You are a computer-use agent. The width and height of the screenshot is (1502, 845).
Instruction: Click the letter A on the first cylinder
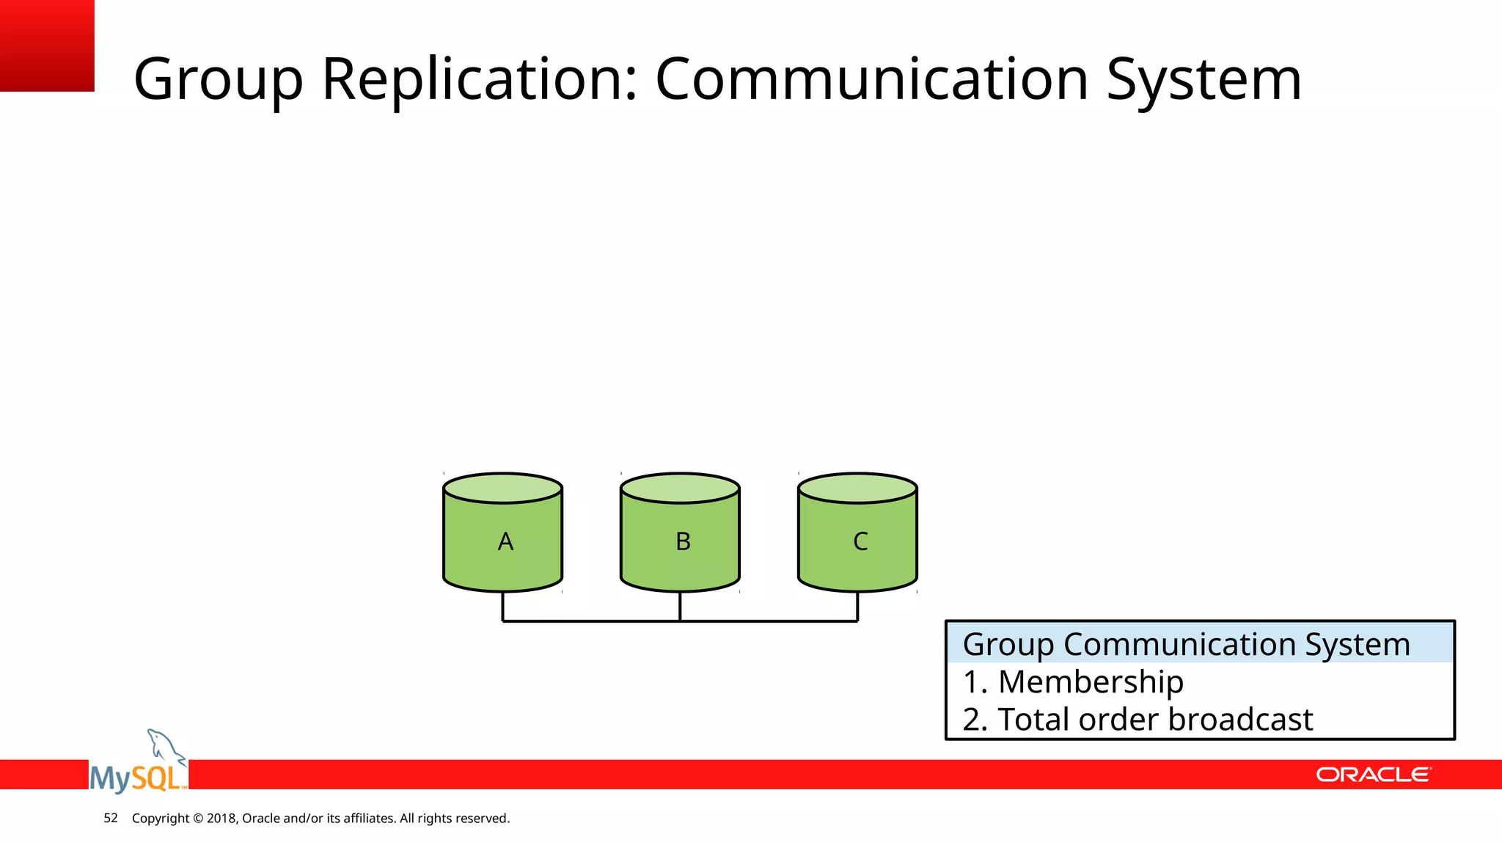point(505,542)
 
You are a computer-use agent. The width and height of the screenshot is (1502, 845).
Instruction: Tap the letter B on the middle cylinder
point(683,542)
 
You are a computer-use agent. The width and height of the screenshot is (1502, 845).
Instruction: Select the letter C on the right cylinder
point(860,542)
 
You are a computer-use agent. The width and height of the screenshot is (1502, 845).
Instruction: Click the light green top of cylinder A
point(503,488)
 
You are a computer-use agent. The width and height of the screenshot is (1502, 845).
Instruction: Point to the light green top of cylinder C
point(857,488)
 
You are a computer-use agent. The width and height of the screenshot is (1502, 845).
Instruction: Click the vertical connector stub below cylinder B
point(680,607)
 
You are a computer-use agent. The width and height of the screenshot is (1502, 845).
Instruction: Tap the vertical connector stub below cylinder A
point(502,607)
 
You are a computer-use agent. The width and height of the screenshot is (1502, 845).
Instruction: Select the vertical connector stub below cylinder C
point(857,607)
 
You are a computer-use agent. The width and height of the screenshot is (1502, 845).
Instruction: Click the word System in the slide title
point(1203,79)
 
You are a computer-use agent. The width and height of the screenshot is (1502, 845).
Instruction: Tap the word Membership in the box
point(1091,682)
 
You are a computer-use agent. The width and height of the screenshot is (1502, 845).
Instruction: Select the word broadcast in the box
point(1240,720)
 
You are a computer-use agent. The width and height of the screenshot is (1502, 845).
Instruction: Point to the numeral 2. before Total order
point(975,720)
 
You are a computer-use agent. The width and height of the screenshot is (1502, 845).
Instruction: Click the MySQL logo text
point(136,778)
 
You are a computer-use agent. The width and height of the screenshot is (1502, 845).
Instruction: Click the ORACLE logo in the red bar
point(1372,775)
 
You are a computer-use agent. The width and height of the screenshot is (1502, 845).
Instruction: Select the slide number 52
point(111,818)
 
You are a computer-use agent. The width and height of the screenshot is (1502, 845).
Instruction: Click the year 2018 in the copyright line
point(221,819)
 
